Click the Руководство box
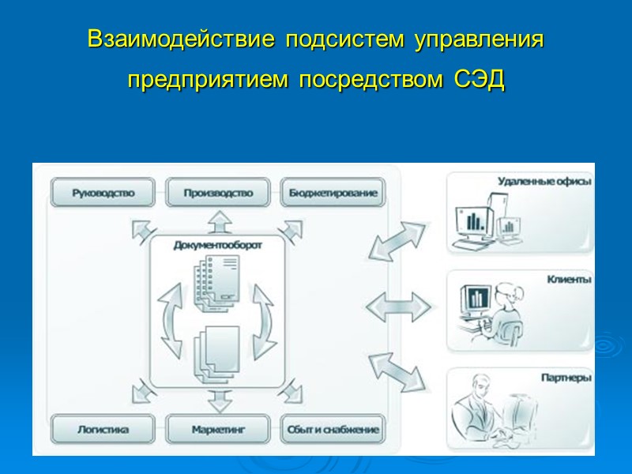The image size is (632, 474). [103, 192]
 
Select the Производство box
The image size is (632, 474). [218, 192]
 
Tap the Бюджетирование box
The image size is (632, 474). [333, 192]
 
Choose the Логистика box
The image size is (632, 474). [103, 431]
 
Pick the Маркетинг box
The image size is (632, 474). [218, 431]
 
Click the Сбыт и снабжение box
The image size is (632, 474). [333, 431]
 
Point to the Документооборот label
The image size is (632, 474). [218, 245]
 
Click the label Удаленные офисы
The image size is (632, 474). [544, 181]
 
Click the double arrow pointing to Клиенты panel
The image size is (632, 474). [398, 305]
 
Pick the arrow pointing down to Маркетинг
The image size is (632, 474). [218, 400]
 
